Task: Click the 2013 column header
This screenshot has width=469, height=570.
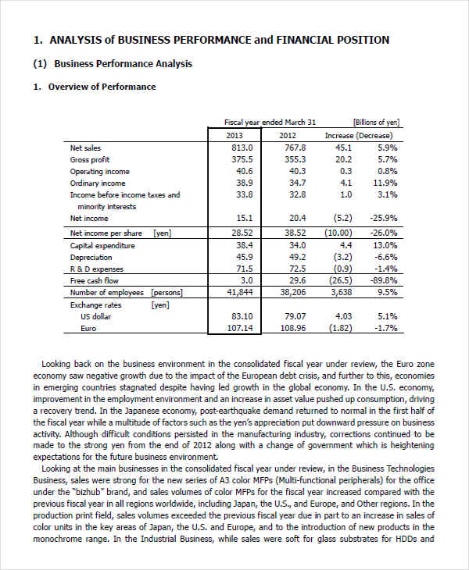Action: point(234,135)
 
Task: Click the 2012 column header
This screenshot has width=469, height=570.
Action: point(288,135)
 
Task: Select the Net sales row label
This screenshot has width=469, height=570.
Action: point(85,148)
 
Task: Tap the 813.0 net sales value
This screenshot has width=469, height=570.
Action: point(242,148)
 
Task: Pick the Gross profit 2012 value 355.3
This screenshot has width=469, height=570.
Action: point(295,159)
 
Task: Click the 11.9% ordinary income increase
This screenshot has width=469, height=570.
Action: point(386,183)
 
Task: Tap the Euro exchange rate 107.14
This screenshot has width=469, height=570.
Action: point(240,328)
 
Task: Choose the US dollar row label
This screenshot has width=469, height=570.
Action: point(96,316)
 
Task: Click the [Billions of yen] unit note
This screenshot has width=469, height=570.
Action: point(376,122)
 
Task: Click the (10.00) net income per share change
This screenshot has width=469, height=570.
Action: point(338,233)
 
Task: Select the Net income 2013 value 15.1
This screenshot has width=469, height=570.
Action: point(244,218)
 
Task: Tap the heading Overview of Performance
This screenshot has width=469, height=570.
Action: point(102,87)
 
